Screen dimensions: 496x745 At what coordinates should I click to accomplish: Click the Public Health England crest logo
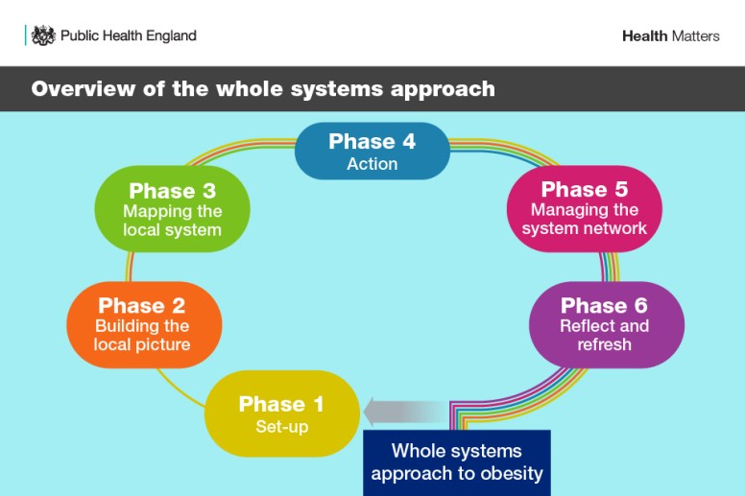[43, 35]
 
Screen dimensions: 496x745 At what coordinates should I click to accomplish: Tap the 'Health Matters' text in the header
[670, 36]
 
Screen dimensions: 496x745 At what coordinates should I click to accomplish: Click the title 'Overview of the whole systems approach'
[263, 89]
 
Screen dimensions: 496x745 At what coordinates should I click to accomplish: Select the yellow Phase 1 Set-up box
[281, 413]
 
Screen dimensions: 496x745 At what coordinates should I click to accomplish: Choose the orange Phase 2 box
[144, 324]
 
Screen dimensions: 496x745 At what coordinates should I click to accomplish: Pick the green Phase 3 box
[173, 209]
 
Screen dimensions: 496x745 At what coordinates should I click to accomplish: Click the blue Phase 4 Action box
[372, 152]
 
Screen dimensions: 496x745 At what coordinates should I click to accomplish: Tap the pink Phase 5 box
[585, 209]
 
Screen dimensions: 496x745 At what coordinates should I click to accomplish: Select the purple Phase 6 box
[606, 324]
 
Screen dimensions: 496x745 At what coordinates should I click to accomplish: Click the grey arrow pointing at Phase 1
[403, 413]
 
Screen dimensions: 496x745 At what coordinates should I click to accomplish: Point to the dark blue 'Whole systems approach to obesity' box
[456, 462]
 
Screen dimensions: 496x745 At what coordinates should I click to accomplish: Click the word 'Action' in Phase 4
[372, 164]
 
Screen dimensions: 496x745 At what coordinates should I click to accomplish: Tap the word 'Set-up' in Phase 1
[281, 427]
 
